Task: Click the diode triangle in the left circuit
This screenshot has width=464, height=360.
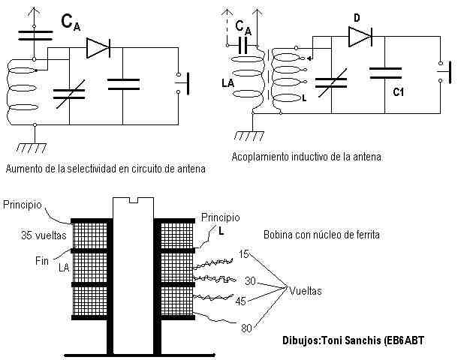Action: (x=98, y=47)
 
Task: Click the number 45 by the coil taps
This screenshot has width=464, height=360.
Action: (x=242, y=301)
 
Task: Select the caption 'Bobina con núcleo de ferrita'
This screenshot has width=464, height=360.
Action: (x=321, y=235)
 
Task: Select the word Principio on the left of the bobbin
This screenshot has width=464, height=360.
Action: (x=26, y=205)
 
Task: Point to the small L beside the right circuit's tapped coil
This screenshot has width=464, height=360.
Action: (x=303, y=98)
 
